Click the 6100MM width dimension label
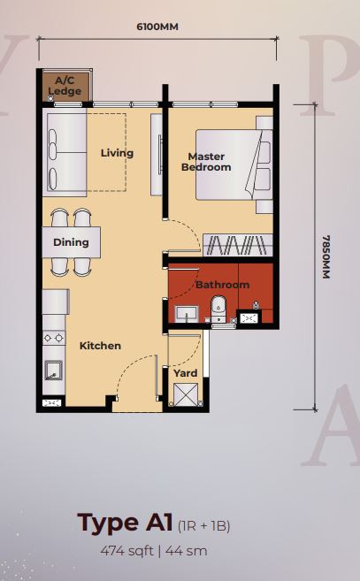coord(157,27)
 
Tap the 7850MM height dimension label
coord(326,256)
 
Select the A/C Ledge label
coord(65,86)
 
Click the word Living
coord(117,153)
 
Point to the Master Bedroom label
coord(206,162)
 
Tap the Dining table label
coord(71,242)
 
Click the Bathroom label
coord(222,285)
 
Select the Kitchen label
coord(100,346)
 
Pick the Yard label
coord(186,373)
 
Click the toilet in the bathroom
coord(218,309)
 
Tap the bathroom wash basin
coord(186,315)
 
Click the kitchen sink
coord(54,371)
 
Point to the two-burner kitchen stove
coord(54,338)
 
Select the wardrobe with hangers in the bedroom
coord(238,245)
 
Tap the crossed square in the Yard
coord(186,395)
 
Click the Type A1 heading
coord(125,523)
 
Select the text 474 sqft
coord(126,551)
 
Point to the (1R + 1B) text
coord(204,526)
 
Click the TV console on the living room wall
coord(157,155)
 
